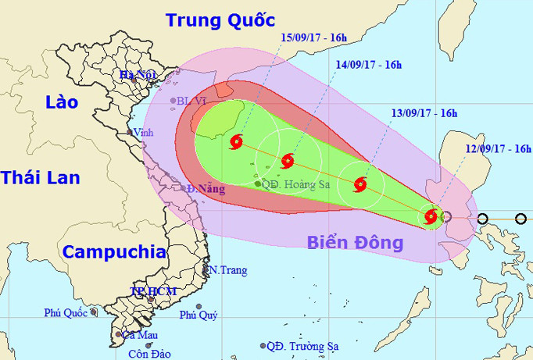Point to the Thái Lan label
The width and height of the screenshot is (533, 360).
click(40, 177)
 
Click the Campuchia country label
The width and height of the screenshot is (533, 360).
click(114, 251)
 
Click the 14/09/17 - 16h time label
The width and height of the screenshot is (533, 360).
click(369, 65)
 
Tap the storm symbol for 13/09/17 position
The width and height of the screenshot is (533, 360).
click(360, 185)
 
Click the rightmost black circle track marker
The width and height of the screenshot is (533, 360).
click(521, 219)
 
